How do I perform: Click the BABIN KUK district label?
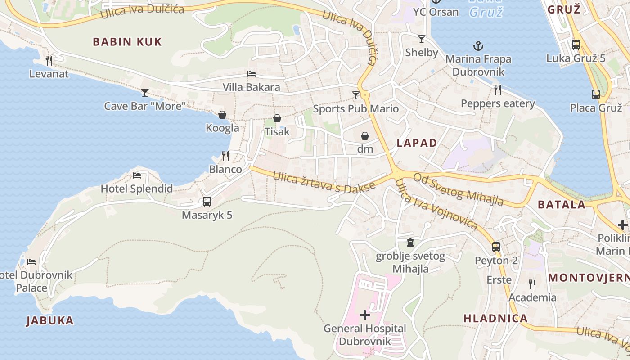(127, 42)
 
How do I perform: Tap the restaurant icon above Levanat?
(49, 60)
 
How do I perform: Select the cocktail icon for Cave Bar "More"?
(144, 93)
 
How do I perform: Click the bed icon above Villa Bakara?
(252, 74)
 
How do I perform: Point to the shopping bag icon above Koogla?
(222, 115)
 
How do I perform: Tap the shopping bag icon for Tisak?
(277, 118)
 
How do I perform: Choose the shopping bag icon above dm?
(365, 135)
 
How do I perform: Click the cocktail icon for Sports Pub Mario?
(356, 95)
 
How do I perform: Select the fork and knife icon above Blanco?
(225, 156)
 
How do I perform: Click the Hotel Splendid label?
(136, 189)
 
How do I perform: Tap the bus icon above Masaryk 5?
(207, 202)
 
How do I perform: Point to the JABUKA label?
(49, 321)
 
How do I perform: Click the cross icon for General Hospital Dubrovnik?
(365, 315)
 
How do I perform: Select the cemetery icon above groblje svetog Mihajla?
(410, 243)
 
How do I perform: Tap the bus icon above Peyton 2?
(496, 247)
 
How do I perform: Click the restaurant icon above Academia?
(532, 284)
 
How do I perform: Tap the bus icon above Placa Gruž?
(596, 94)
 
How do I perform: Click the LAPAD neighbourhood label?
(417, 143)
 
